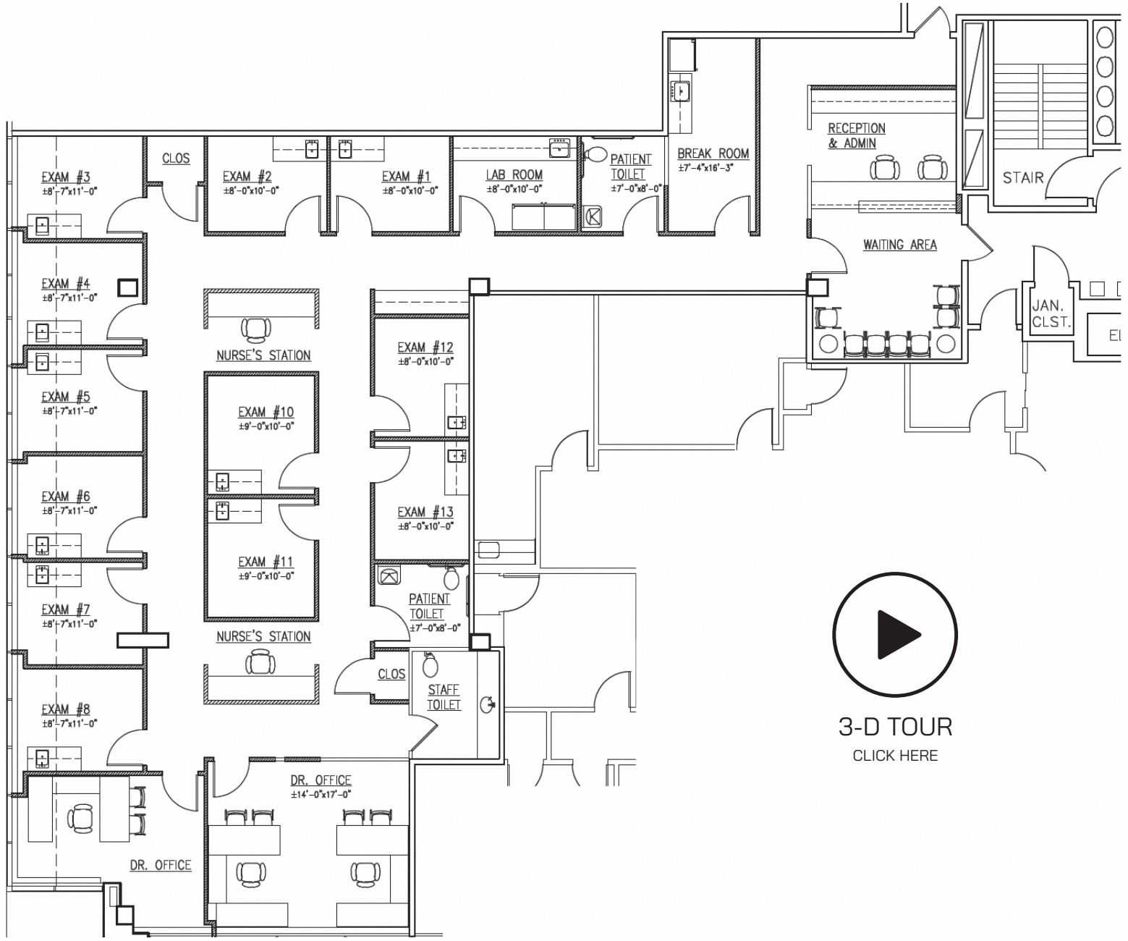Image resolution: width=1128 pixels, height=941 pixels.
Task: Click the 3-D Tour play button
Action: click(895, 634)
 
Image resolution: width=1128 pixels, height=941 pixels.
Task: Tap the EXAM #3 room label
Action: click(65, 177)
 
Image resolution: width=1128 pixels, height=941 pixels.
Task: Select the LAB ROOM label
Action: click(514, 174)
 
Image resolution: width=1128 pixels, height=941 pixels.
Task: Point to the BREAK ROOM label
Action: click(713, 153)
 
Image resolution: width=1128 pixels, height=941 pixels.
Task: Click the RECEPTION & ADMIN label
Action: click(856, 135)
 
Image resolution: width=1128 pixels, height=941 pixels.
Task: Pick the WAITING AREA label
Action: click(899, 245)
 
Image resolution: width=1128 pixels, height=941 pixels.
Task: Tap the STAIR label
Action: click(1022, 177)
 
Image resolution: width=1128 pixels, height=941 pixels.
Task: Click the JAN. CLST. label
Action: click(1051, 315)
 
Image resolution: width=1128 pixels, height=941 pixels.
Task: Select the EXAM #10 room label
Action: click(266, 412)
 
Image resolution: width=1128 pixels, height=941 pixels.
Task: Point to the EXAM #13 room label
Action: click(425, 512)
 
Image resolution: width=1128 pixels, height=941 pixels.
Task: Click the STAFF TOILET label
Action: click(444, 697)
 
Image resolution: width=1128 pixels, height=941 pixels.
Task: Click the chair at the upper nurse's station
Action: click(257, 329)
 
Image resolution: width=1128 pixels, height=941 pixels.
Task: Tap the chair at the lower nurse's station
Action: click(259, 662)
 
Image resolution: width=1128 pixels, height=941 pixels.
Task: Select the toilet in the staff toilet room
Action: click(430, 662)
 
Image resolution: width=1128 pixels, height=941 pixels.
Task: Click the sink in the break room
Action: click(682, 91)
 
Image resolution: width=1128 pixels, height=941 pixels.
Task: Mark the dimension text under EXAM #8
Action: click(69, 723)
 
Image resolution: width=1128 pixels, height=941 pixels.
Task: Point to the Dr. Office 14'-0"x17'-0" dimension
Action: click(321, 794)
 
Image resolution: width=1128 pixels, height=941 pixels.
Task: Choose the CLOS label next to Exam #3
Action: click(176, 159)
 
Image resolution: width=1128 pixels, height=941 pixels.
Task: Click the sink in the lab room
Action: click(559, 148)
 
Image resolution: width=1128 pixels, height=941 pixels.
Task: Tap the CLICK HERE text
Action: click(895, 756)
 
